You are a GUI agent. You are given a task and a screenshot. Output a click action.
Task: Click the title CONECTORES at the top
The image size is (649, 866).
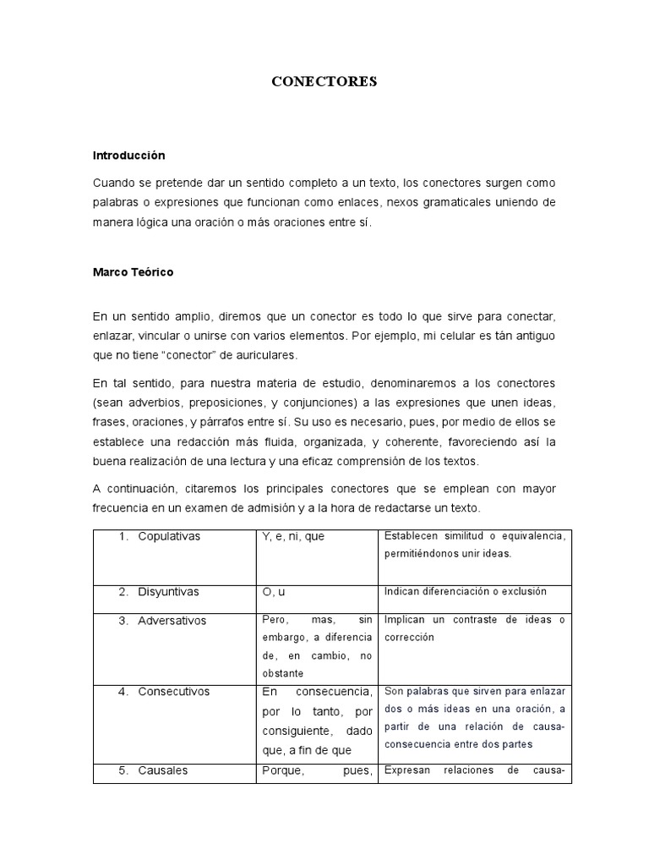pyautogui.click(x=324, y=82)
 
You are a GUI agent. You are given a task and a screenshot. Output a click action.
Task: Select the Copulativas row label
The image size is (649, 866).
pyautogui.click(x=170, y=536)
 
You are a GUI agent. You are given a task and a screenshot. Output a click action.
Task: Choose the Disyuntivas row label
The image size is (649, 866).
pyautogui.click(x=168, y=591)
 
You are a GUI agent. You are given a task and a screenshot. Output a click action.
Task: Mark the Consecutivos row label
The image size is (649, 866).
pyautogui.click(x=173, y=692)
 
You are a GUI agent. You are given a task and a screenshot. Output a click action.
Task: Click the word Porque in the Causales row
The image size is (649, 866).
pyautogui.click(x=283, y=770)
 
